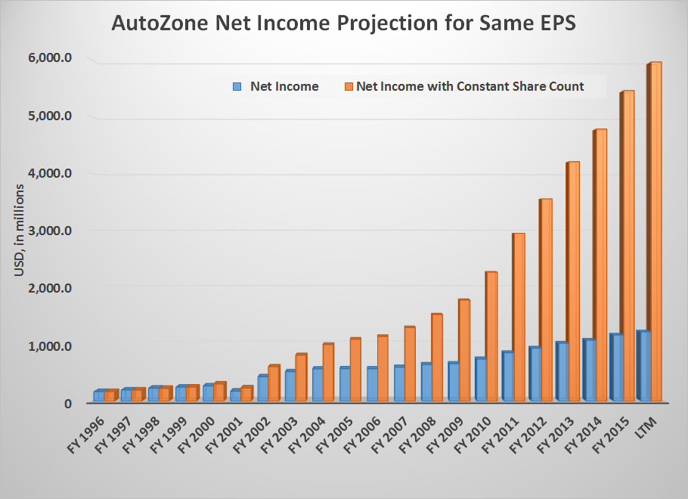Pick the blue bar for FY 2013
pos(562,371)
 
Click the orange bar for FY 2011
pos(519,317)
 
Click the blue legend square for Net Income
pos(237,86)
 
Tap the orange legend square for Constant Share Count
pos(349,86)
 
